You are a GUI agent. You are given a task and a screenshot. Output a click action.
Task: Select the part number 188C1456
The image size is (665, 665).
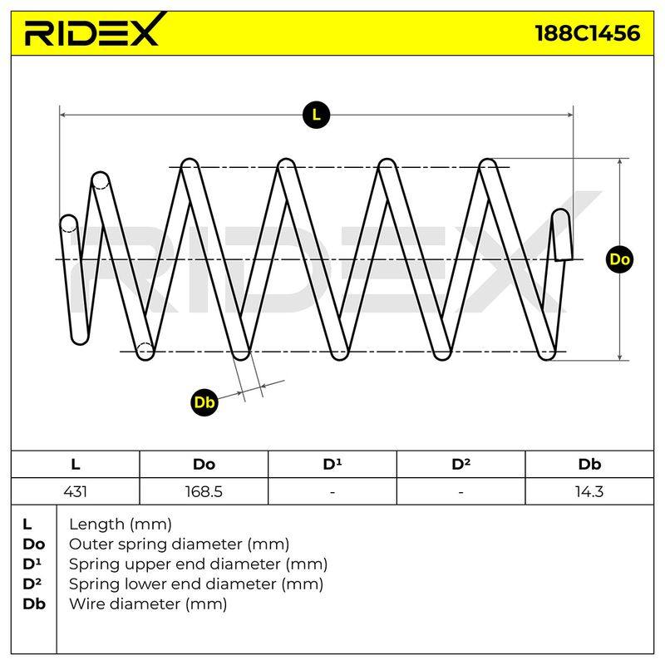point(588,33)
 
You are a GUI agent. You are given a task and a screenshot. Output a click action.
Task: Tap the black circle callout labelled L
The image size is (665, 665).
point(317,115)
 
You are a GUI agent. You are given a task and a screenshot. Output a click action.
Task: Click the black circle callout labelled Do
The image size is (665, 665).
point(619,259)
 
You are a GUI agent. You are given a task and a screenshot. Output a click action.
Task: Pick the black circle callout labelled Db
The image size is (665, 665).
point(204,402)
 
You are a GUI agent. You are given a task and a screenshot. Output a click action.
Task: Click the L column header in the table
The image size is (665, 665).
point(76,465)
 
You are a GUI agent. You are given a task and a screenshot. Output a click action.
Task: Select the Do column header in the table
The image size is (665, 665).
point(204,465)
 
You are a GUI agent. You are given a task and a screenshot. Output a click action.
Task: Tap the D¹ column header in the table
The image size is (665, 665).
point(332,464)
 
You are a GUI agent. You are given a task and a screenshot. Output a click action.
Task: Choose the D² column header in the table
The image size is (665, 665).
point(461,464)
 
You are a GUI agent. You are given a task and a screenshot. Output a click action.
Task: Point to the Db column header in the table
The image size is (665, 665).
point(589,465)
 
